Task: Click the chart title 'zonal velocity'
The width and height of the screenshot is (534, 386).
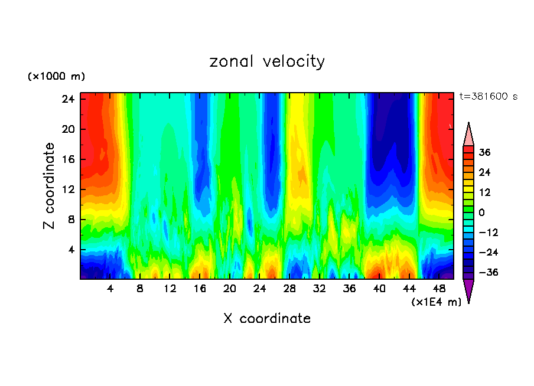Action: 267,61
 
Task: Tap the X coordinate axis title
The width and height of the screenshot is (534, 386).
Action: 267,319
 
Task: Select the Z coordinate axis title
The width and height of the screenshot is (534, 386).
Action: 49,186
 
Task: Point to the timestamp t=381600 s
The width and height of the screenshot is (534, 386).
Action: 489,97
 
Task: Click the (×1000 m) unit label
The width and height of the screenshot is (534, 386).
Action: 56,77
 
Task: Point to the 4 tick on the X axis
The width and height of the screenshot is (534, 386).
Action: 110,289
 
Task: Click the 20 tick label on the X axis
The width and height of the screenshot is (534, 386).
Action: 230,289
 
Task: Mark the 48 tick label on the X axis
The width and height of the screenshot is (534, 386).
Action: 439,289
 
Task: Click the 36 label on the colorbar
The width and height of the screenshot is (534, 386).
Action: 486,152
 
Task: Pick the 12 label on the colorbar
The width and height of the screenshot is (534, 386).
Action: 486,192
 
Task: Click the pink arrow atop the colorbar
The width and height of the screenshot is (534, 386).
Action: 468,134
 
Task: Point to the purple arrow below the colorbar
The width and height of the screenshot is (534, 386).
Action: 468,290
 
